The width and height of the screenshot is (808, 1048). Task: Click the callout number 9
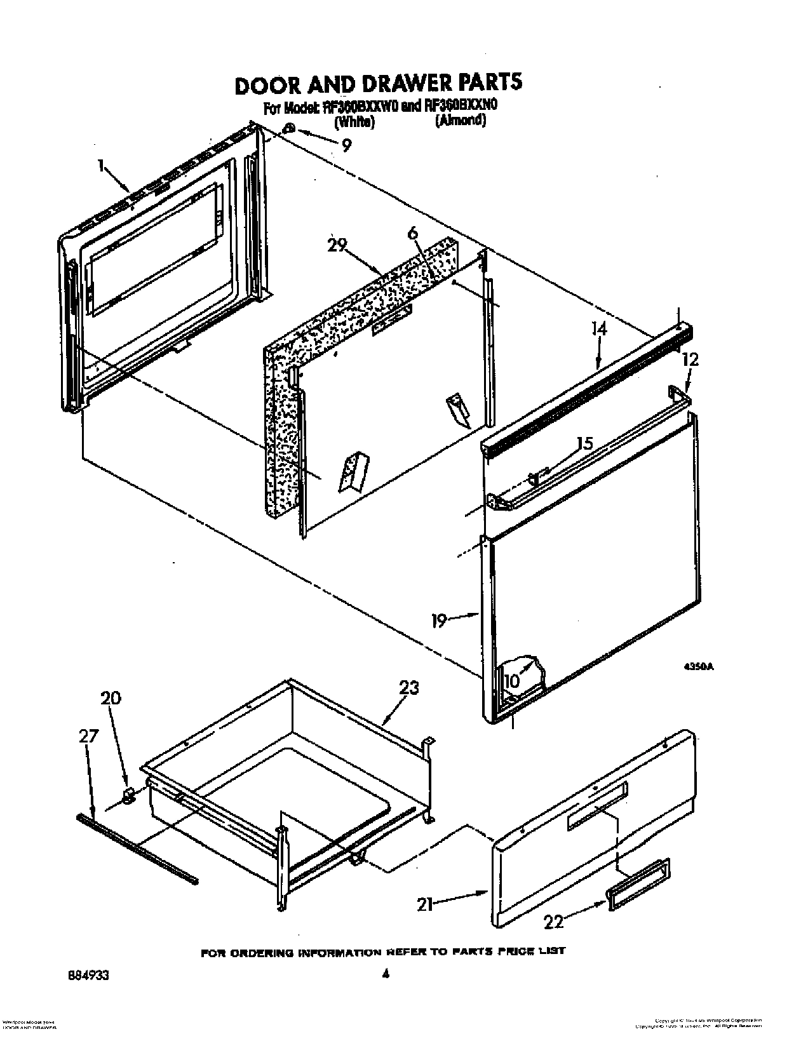pos(346,145)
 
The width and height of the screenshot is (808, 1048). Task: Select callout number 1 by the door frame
pos(101,166)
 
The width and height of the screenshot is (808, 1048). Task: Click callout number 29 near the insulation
pos(338,245)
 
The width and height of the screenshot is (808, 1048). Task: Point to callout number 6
pos(414,234)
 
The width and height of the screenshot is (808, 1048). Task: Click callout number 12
pos(690,359)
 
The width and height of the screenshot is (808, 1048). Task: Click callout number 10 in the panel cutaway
pos(511,680)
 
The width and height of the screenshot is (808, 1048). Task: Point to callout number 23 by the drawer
pos(409,688)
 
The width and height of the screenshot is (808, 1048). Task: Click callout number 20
pos(111,698)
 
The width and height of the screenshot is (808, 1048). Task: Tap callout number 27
pos(89,736)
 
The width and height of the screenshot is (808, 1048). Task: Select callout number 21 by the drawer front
pos(425,904)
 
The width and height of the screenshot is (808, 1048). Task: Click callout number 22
pos(553,921)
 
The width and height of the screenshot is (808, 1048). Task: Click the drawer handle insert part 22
pos(638,883)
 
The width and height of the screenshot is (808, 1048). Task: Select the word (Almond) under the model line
pos(461,121)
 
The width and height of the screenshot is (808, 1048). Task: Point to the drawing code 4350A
pos(699,667)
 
